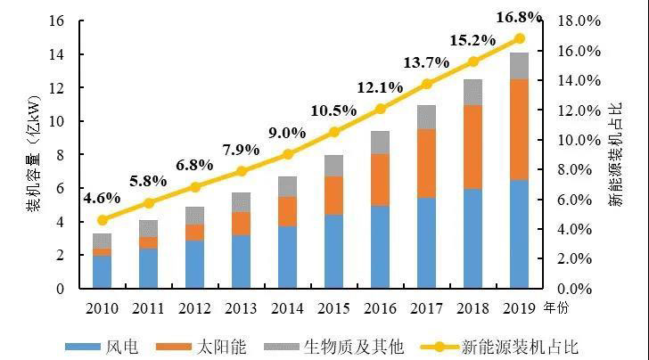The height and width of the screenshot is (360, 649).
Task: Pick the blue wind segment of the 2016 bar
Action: (x=381, y=247)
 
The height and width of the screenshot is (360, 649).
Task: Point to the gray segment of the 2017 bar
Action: (x=426, y=117)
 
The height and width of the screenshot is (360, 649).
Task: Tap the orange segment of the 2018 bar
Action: (x=472, y=147)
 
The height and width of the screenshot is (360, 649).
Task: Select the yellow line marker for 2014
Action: (x=288, y=154)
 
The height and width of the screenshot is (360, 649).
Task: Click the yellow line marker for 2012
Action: (x=195, y=187)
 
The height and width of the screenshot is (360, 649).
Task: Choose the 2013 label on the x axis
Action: (x=242, y=308)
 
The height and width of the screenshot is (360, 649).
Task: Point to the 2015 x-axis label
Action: (x=334, y=308)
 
